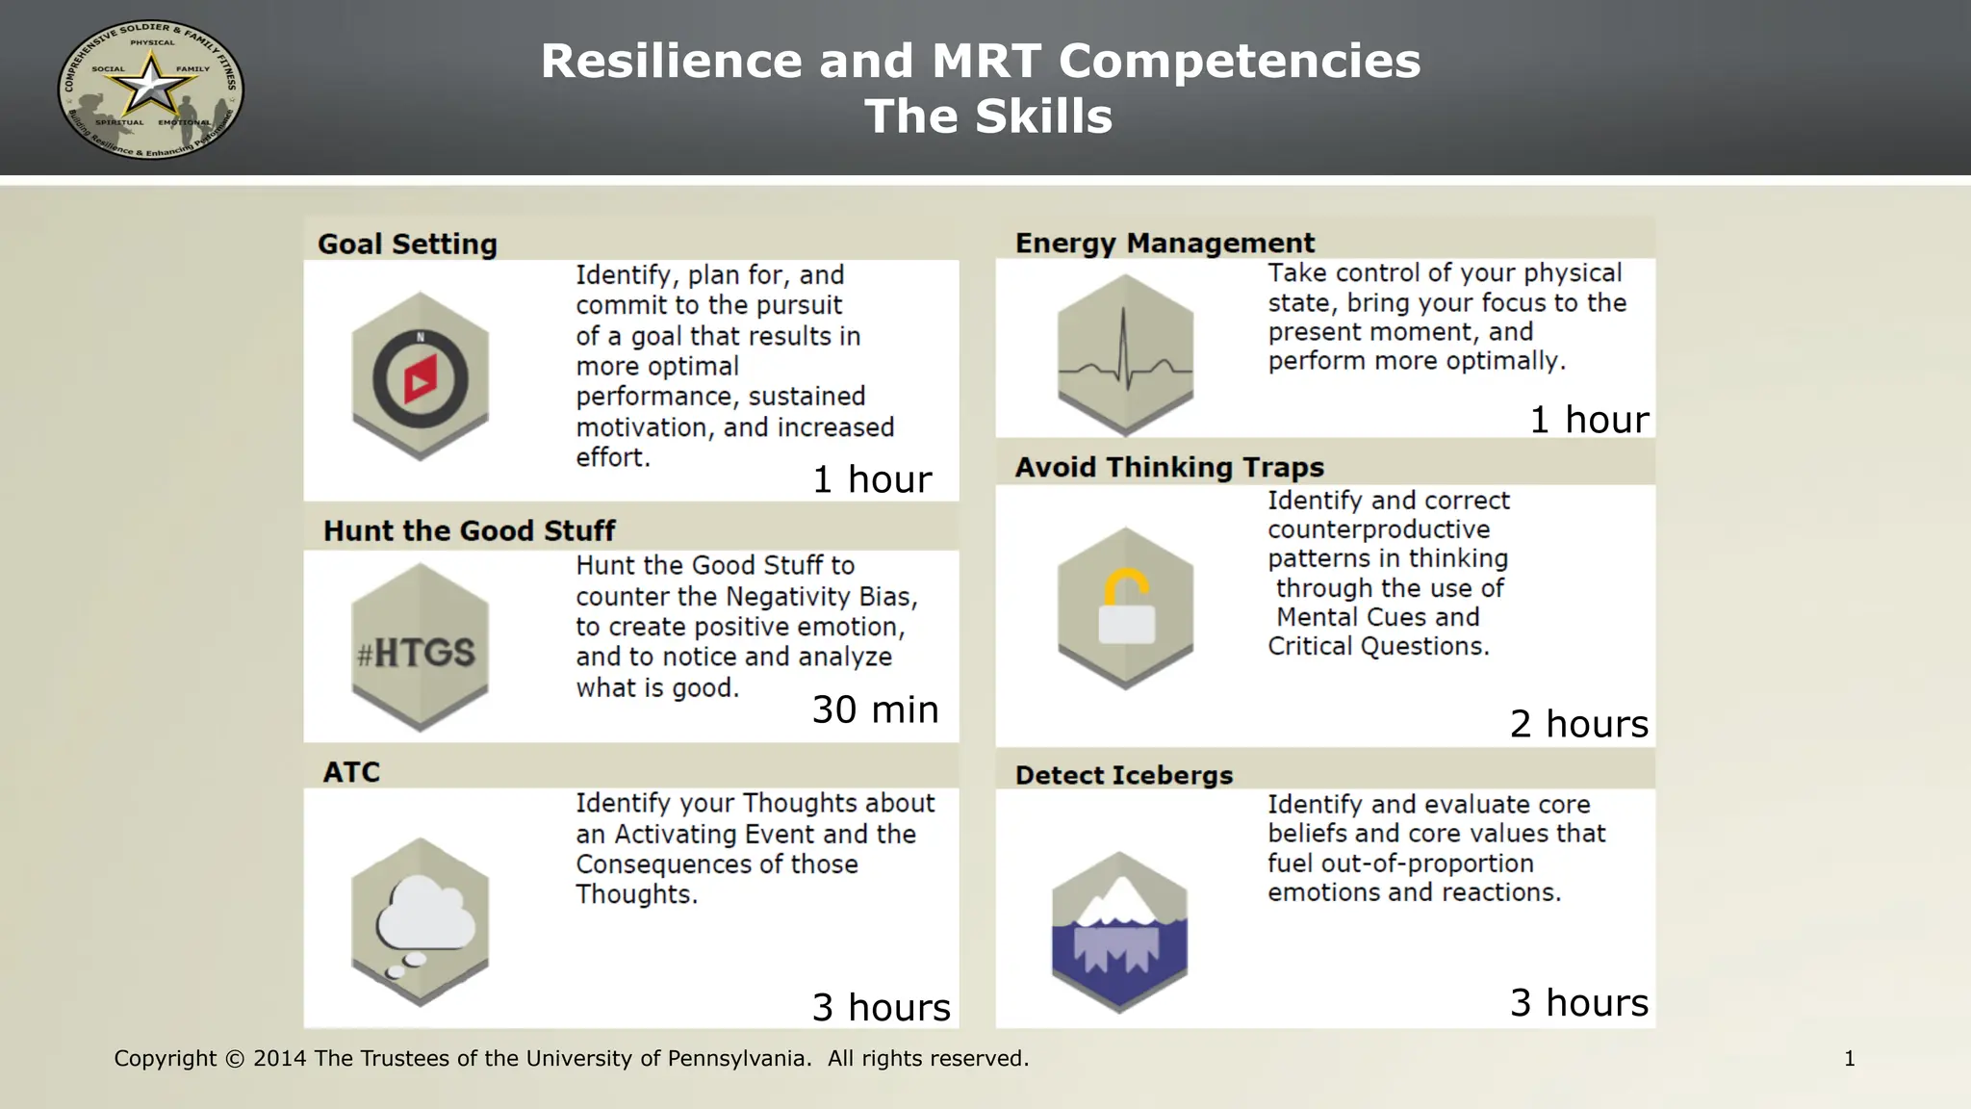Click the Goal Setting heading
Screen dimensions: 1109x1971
[x=407, y=245]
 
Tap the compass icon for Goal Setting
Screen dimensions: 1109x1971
[x=421, y=378]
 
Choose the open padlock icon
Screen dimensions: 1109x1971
[x=1126, y=607]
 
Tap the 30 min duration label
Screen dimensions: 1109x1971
[x=875, y=709]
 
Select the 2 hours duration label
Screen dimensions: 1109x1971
[x=1578, y=724]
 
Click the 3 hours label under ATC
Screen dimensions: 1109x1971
[x=881, y=1007]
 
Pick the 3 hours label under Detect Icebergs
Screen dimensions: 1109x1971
[x=1578, y=1003]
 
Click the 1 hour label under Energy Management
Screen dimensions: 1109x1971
[x=1589, y=420]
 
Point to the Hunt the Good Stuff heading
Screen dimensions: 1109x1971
[x=469, y=530]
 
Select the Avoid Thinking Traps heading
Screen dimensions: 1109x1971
[x=1169, y=468]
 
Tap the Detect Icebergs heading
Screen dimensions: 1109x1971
[x=1123, y=775]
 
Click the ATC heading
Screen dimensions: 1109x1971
[x=351, y=772]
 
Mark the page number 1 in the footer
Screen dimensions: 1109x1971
[x=1849, y=1059]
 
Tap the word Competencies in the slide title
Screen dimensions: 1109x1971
[x=1240, y=62]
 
